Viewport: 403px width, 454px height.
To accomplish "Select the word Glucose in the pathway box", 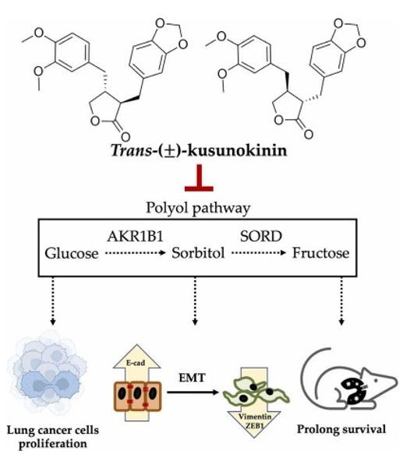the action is pos(72,253).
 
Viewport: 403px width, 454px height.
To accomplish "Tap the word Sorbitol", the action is pos(198,253).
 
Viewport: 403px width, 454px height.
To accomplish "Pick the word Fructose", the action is pos(320,253).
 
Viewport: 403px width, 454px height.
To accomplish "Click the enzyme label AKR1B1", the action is pos(135,236).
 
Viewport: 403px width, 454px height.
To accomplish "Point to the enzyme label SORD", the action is pos(260,236).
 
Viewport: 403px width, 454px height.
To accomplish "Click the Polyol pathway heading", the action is pos(198,208).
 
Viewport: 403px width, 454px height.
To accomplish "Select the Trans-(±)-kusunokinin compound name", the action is pos(199,150).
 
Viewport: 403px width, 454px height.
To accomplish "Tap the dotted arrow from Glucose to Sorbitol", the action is pos(135,253).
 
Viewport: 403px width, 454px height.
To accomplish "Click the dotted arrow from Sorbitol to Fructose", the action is pos(259,253).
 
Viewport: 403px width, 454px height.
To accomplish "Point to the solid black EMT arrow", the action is pos(193,392).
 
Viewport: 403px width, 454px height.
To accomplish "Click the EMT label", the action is pos(193,378).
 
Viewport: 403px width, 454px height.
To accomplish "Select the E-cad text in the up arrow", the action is pos(136,363).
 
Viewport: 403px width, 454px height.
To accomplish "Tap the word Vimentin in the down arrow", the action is pos(255,417).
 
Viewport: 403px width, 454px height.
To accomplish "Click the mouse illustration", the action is pos(348,382).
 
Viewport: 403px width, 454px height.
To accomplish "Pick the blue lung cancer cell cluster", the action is pos(47,374).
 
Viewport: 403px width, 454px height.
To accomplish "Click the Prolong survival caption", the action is pos(341,429).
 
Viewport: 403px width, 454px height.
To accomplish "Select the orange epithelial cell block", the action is pos(137,396).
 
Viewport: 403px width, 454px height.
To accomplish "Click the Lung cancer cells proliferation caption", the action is pos(52,437).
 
